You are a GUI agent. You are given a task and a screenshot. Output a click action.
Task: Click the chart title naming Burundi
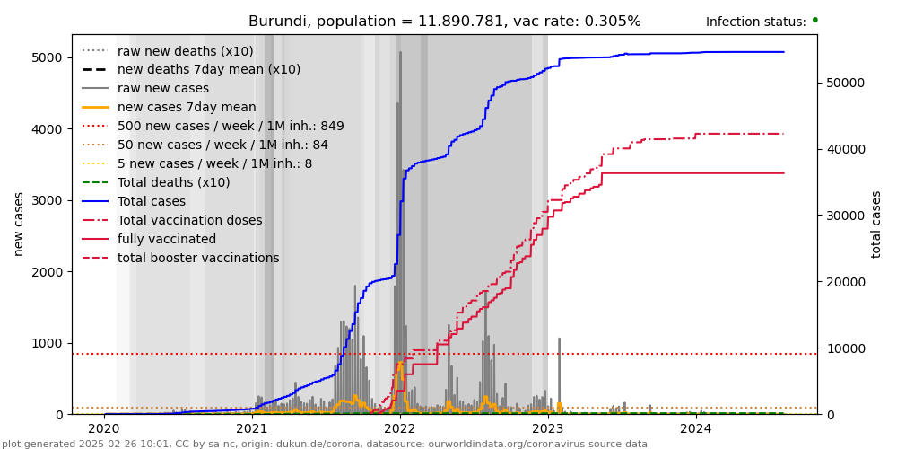click(444, 22)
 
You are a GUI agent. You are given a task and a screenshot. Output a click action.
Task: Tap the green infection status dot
click(814, 20)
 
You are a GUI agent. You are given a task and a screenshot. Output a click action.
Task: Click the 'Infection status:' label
click(755, 22)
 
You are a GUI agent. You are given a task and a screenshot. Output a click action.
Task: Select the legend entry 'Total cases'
click(152, 202)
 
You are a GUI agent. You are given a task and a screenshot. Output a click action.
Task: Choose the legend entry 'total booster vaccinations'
click(198, 259)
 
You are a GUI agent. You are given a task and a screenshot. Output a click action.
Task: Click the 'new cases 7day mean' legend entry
click(187, 108)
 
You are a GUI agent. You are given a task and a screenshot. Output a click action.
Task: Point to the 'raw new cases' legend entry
click(162, 89)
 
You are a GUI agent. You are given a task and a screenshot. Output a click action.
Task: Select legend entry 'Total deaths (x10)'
click(173, 183)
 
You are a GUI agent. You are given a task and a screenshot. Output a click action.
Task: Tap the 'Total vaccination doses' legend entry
click(189, 221)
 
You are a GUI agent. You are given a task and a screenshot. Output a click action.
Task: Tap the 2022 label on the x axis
click(400, 428)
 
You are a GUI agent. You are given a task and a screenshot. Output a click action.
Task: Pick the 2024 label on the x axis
click(696, 428)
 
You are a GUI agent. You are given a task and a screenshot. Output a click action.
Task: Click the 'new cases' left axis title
click(19, 224)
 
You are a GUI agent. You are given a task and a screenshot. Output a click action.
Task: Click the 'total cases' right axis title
click(876, 224)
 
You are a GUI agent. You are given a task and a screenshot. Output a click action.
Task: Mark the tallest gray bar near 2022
click(400, 54)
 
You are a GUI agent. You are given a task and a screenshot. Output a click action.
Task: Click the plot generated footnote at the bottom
click(325, 444)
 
